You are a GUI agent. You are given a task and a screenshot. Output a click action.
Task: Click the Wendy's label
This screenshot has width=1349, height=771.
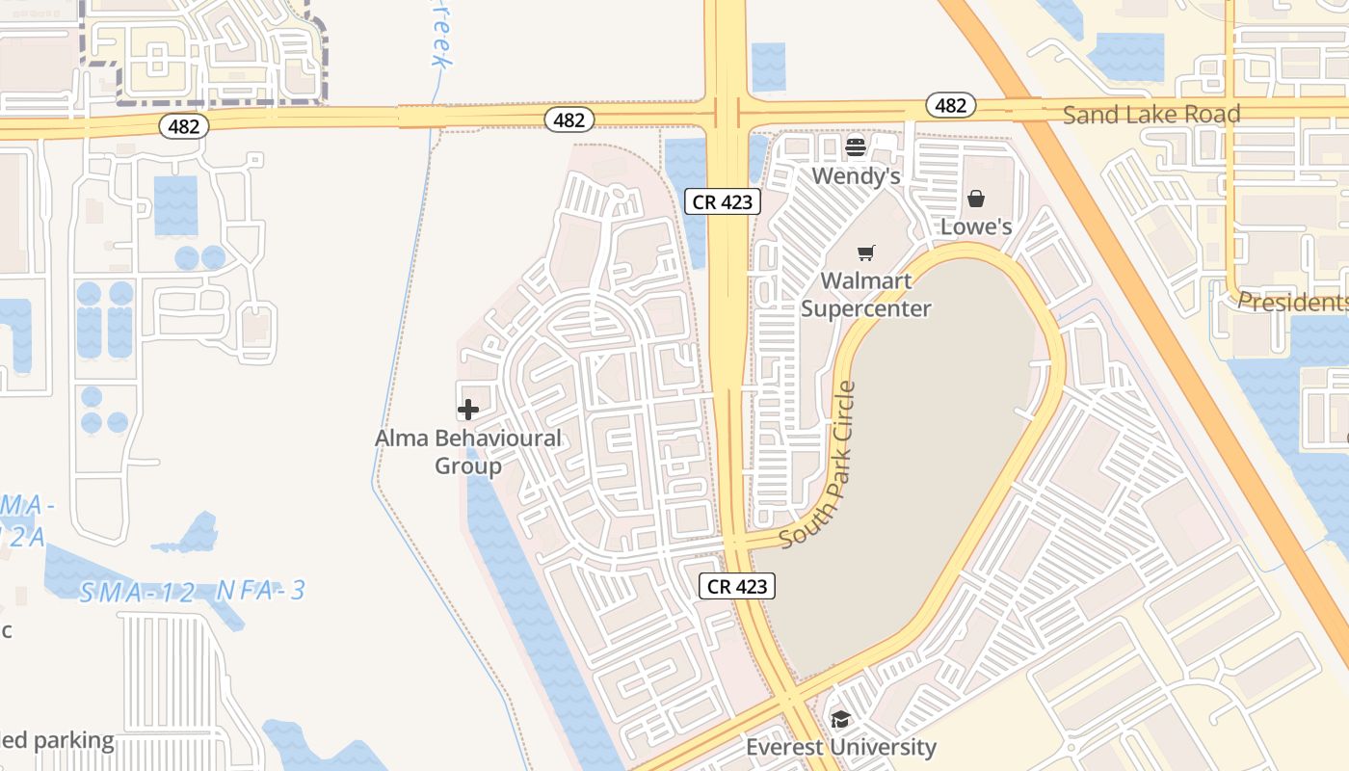tap(856, 175)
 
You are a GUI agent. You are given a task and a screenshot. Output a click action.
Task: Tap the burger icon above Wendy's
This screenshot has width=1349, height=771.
tap(856, 147)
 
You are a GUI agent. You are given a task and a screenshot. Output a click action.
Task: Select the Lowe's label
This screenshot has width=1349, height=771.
tap(976, 226)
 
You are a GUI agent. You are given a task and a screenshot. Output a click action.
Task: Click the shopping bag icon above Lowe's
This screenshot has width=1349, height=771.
tap(976, 199)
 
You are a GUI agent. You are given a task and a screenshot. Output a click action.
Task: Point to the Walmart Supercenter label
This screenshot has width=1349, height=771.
tap(865, 295)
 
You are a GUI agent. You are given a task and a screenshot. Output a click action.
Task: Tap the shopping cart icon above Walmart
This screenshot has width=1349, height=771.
tap(866, 253)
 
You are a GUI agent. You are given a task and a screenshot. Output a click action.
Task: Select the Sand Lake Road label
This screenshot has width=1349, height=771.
tap(1151, 115)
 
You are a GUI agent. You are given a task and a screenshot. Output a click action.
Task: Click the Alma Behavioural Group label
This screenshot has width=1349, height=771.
tap(468, 452)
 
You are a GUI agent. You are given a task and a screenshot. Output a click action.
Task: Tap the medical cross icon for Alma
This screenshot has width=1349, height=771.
tap(468, 410)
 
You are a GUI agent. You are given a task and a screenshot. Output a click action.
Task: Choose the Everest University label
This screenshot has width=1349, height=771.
tap(840, 747)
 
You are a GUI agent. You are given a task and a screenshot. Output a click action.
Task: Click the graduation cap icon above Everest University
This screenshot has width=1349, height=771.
tap(840, 719)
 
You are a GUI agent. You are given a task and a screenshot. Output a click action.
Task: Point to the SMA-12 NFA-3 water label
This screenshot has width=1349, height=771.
tap(192, 591)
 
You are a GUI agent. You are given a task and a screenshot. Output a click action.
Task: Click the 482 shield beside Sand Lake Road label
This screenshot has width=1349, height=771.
tap(950, 105)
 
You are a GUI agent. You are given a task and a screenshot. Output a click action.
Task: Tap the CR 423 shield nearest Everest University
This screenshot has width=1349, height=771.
tap(738, 586)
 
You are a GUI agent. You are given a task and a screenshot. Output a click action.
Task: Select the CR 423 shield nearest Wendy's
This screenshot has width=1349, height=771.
tap(723, 202)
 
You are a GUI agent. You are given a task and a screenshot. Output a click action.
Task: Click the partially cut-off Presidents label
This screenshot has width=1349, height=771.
tap(1291, 303)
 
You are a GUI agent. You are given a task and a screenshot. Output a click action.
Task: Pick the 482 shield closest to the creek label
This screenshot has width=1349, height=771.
tap(569, 120)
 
